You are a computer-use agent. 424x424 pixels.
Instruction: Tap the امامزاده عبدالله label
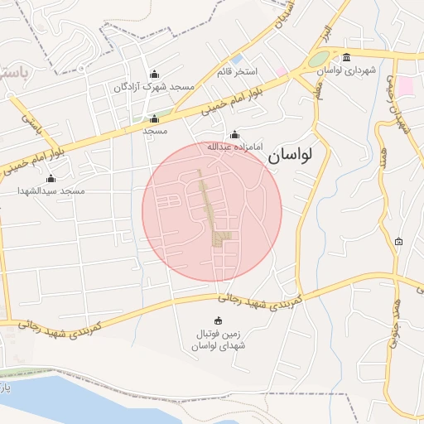pos(234,147)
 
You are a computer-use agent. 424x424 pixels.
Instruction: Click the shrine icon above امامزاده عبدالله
pos(234,134)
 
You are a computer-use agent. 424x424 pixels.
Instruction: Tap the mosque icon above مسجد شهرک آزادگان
pos(154,74)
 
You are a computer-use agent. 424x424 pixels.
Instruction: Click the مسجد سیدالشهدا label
pos(51,190)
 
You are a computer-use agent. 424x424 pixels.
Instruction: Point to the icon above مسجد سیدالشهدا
pos(51,178)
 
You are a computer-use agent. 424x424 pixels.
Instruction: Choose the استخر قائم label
pos(238,72)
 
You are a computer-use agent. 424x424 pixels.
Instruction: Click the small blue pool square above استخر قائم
pos(237,60)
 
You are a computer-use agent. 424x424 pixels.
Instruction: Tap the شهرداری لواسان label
pos(345,70)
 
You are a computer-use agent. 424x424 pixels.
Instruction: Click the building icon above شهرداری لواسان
pos(345,57)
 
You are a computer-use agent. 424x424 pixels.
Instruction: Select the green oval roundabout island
pos(319,60)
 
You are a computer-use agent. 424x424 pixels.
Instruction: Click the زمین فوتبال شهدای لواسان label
pos(219,340)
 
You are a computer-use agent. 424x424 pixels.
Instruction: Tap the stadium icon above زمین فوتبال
pos(219,321)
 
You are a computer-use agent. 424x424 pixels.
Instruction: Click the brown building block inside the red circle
pos(219,238)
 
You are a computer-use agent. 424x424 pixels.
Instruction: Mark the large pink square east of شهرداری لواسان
pos(405,86)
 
